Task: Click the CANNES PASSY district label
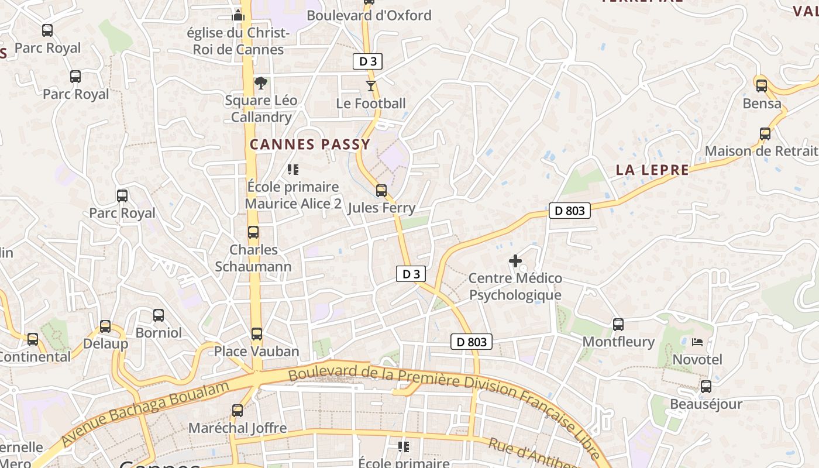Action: pos(310,144)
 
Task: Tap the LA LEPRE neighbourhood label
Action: pos(652,170)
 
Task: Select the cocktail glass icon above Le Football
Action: pos(370,87)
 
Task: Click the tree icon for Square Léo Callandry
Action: pos(261,83)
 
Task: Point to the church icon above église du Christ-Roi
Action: pos(238,15)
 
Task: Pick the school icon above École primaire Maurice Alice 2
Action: pos(293,170)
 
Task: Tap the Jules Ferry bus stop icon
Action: pos(381,191)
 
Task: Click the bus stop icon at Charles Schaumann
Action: pos(253,232)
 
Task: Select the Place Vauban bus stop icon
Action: pos(257,334)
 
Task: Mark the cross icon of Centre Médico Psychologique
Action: pos(515,261)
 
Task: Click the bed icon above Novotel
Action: pos(697,342)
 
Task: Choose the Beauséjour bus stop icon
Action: pos(706,387)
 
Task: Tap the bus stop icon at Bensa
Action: pos(762,86)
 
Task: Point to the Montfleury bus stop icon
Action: pos(618,325)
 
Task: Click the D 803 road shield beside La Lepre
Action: pos(569,211)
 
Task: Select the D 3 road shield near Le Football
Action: pos(367,61)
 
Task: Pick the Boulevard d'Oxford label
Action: pos(369,16)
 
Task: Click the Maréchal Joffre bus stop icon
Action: pos(238,411)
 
